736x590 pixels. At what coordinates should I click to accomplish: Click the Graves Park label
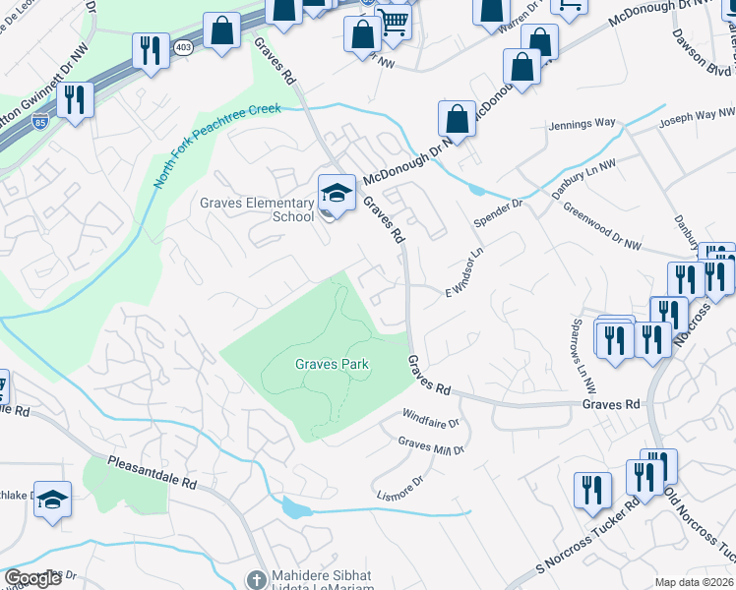point(332,364)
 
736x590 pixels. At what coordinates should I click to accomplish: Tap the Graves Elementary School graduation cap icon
point(337,194)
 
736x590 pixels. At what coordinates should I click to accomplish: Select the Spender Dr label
point(500,214)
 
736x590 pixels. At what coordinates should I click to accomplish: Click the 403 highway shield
point(182,47)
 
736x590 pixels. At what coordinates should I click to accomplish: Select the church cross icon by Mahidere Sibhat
point(257,580)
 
